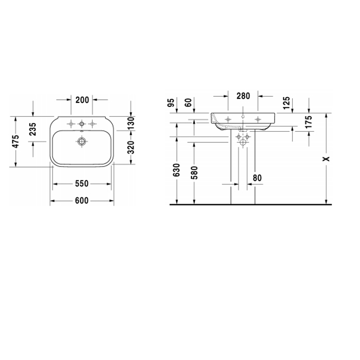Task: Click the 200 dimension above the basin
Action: pos(82,100)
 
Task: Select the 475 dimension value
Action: pos(16,141)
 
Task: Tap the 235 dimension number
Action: pos(33,129)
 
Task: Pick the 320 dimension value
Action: pos(131,148)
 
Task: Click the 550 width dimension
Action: pos(82,184)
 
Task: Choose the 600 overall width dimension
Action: pos(82,201)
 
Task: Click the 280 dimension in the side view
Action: pos(243,96)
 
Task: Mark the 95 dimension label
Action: pos(171,103)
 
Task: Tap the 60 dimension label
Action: pos(188,103)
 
